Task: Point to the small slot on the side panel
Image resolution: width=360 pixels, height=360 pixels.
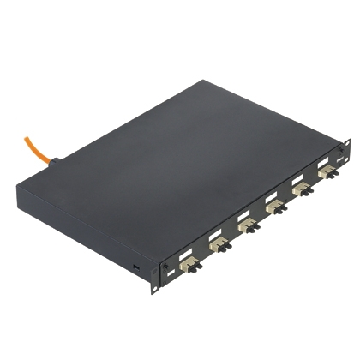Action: [x=136, y=269]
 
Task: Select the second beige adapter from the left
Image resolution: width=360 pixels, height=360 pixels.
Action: [x=217, y=246]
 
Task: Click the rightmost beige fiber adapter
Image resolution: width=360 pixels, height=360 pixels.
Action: [x=326, y=174]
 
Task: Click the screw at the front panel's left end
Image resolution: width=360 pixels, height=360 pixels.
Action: [x=165, y=273]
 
